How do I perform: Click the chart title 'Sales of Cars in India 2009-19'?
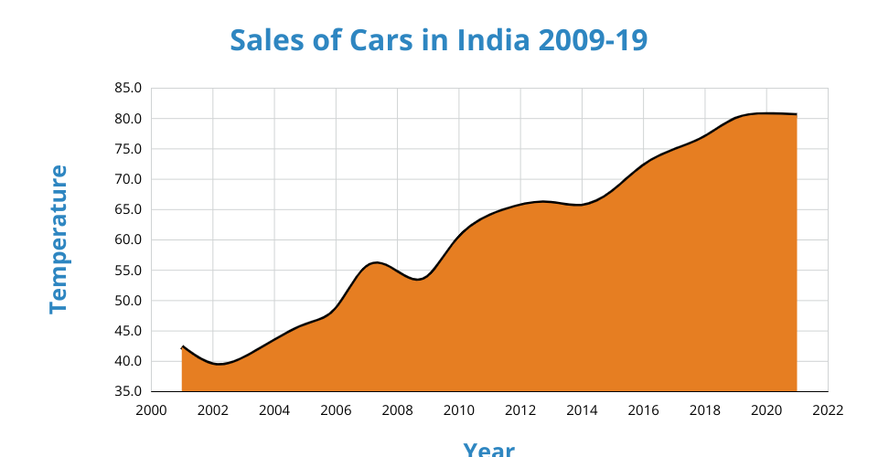click(x=439, y=40)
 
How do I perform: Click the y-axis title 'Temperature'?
click(x=59, y=239)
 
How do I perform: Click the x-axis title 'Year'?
click(x=488, y=448)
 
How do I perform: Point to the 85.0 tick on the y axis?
click(x=129, y=89)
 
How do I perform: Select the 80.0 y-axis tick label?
click(x=129, y=119)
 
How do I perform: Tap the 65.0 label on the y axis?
click(x=129, y=209)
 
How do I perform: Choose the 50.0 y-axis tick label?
click(x=129, y=301)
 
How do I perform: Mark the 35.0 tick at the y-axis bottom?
click(x=129, y=391)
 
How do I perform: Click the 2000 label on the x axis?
click(x=151, y=410)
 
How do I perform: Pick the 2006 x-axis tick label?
click(x=336, y=410)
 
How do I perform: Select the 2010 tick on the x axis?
click(x=459, y=410)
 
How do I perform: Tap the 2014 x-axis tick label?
click(x=582, y=410)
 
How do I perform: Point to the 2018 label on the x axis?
click(x=705, y=410)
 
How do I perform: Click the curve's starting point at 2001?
click(x=183, y=347)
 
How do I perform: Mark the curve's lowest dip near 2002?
click(x=219, y=364)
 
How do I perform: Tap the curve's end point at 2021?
click(x=797, y=114)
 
